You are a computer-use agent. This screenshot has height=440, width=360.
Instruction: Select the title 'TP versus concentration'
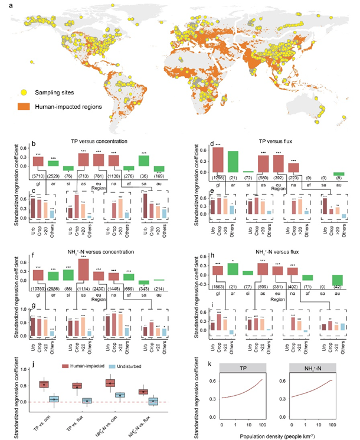coord(97,143)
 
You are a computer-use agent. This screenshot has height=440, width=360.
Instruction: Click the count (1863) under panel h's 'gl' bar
coord(218,287)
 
